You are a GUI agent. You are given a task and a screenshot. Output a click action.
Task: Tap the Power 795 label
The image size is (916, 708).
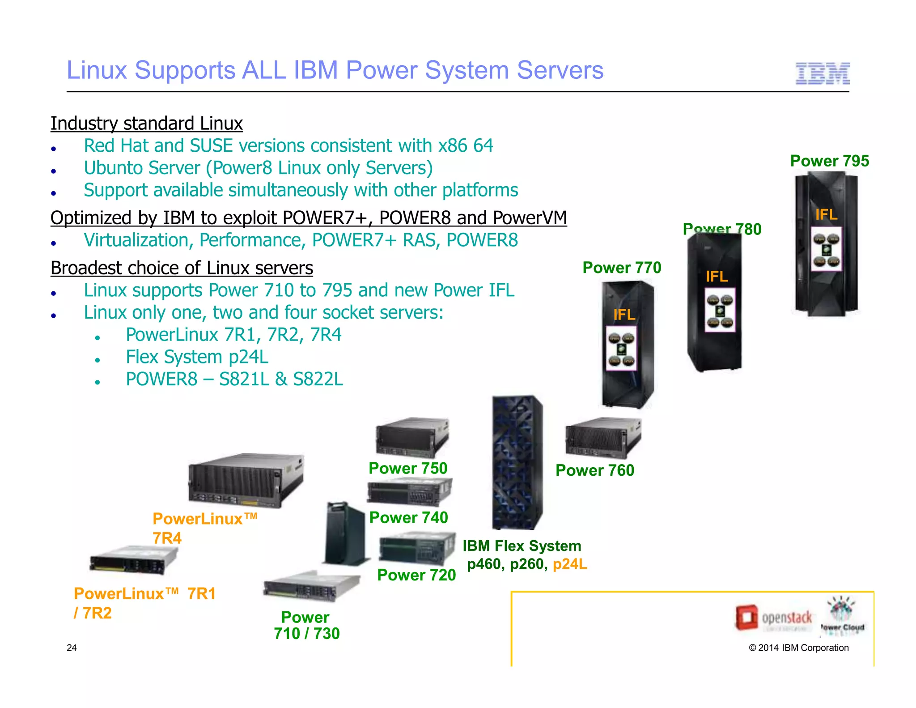tap(829, 161)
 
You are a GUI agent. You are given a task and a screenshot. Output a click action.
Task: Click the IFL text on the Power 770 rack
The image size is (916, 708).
tap(624, 315)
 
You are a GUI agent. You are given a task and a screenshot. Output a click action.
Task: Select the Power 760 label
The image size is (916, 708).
tap(594, 470)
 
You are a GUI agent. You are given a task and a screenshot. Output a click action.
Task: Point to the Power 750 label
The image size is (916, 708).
tap(407, 468)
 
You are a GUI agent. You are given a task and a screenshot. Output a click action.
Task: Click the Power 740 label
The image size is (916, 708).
tap(408, 517)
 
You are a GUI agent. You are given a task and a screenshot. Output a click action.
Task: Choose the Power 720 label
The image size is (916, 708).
tap(416, 575)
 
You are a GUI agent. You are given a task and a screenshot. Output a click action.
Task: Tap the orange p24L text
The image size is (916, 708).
tap(570, 564)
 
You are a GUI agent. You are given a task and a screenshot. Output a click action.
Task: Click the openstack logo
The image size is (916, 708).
tap(774, 618)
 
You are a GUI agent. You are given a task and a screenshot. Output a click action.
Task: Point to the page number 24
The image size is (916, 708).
tap(72, 648)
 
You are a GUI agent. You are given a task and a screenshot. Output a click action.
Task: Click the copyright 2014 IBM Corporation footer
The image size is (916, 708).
tap(798, 648)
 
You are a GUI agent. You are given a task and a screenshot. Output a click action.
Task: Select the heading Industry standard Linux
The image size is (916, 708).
tap(146, 124)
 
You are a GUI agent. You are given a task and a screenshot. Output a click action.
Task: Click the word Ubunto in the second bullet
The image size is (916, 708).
tap(114, 168)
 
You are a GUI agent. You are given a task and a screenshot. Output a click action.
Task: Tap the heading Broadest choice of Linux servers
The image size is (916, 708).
tap(182, 268)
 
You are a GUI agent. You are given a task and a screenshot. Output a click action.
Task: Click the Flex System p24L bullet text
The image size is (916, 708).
tap(197, 357)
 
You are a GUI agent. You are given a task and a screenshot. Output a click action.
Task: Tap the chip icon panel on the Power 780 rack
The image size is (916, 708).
tap(720, 310)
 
